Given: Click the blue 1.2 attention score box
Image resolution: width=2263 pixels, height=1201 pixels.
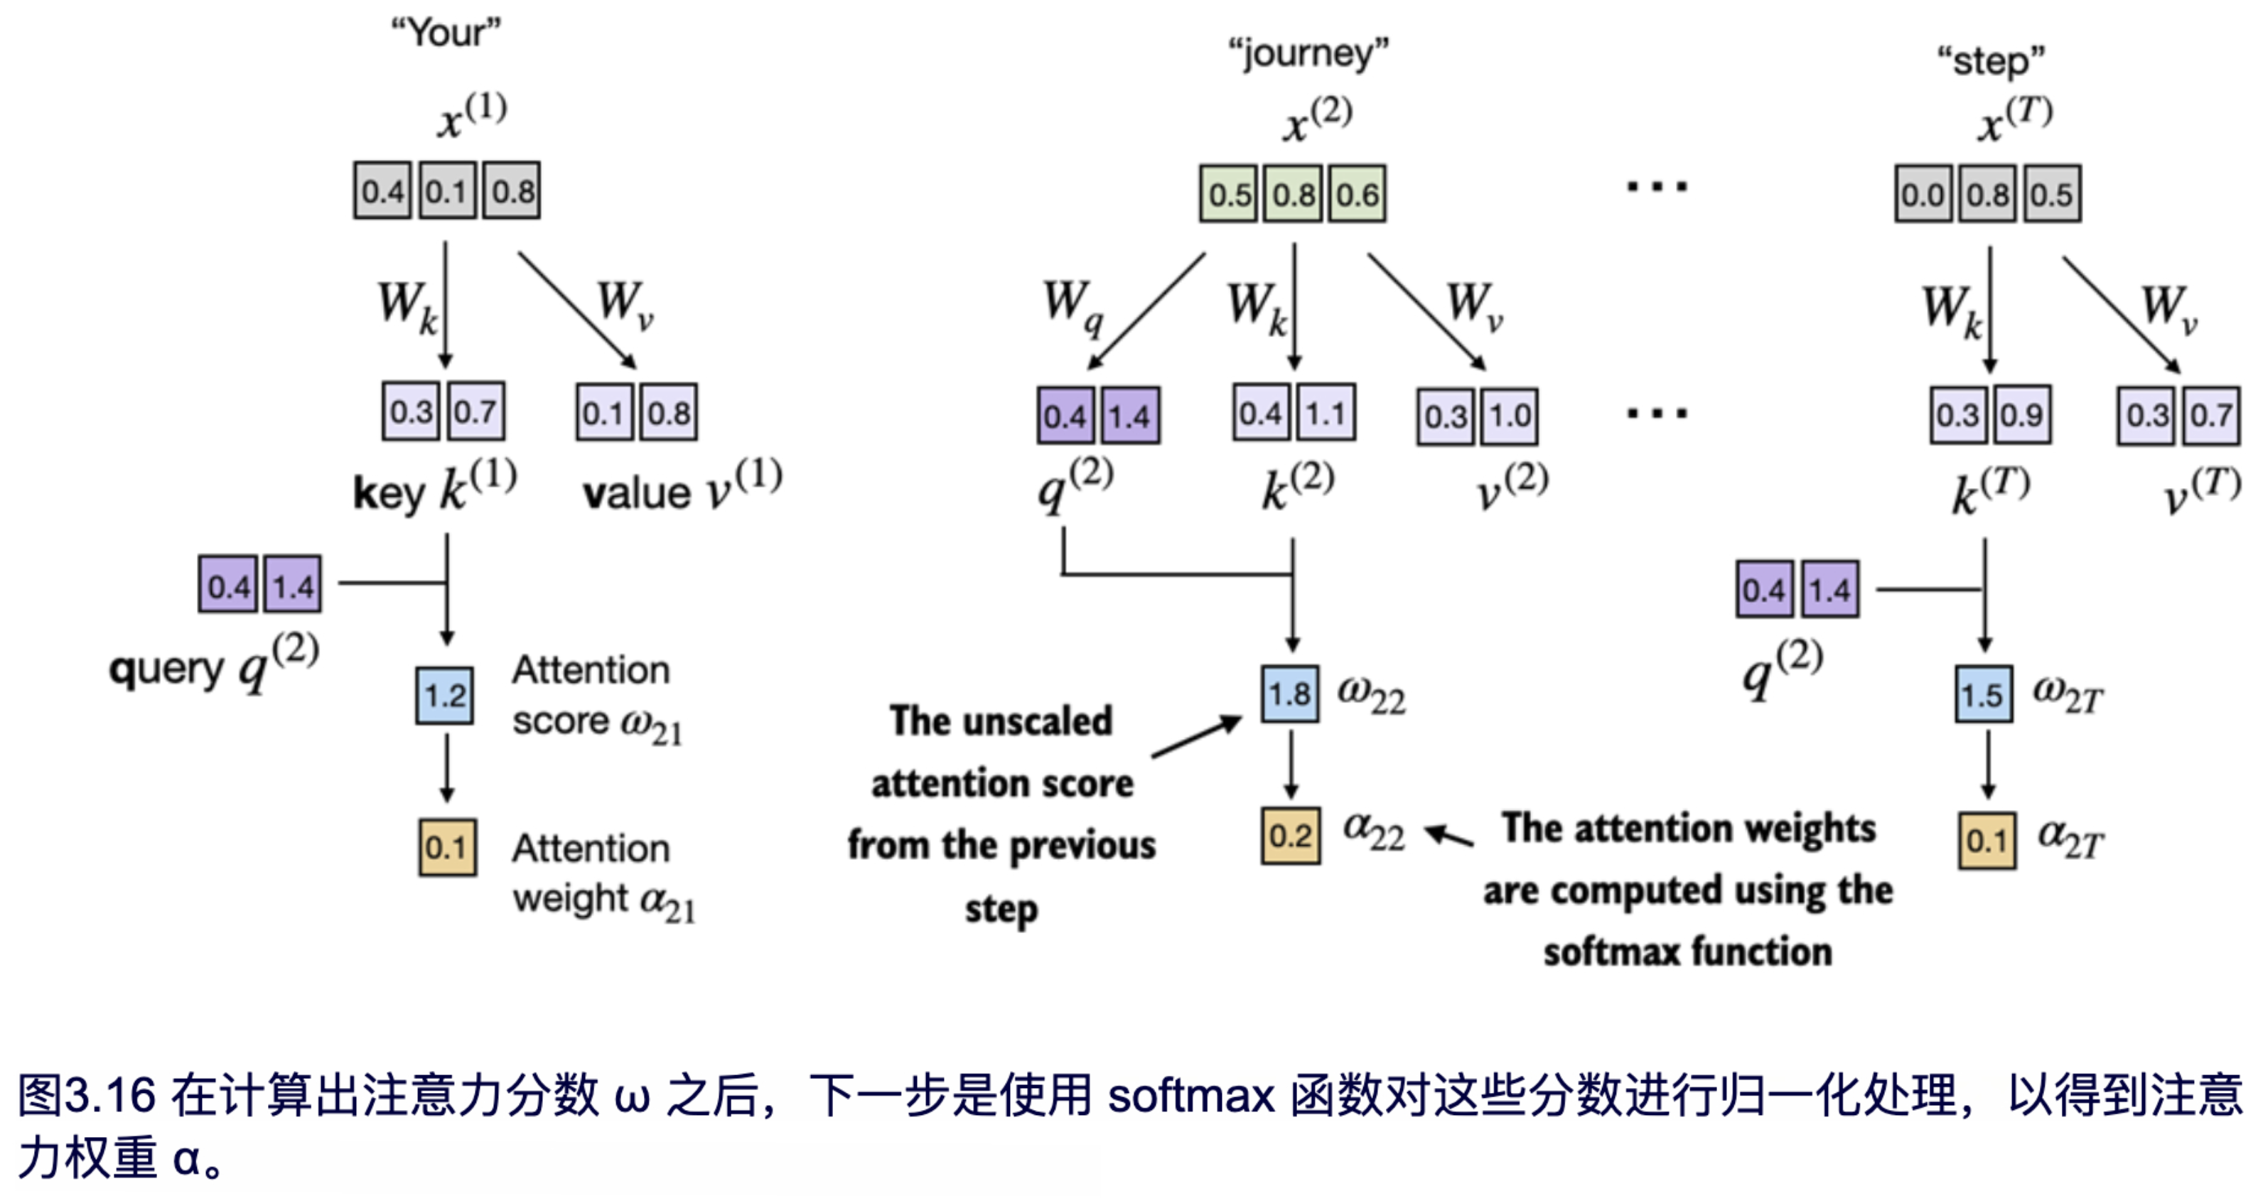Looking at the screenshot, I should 444,696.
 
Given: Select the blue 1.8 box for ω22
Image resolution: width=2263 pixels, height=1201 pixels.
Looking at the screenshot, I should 1289,694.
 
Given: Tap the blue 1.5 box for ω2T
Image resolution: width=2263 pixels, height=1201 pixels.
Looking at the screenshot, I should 1983,695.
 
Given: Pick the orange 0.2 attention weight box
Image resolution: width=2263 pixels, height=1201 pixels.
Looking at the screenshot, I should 1289,836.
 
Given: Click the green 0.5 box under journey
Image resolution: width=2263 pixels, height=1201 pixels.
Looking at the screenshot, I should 1229,193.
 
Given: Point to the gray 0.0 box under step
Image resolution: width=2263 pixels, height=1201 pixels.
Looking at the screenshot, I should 1922,193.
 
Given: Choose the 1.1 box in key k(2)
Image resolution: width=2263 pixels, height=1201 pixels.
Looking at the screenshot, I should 1326,412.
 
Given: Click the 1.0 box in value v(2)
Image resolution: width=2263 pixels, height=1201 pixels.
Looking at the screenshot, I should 1509,416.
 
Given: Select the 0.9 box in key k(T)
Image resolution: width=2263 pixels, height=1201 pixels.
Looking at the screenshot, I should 2021,415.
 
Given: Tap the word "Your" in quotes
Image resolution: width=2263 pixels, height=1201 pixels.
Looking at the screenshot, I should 446,33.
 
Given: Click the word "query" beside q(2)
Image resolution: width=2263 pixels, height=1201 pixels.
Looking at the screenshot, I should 166,669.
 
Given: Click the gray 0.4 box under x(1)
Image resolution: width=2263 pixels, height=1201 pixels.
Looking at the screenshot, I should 382,190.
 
